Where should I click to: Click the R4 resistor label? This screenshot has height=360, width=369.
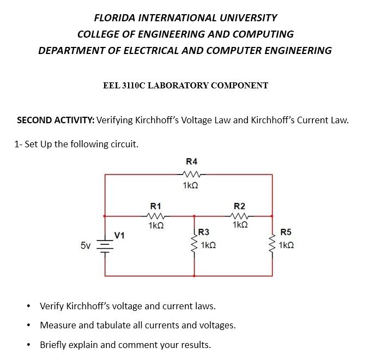pyautogui.click(x=192, y=161)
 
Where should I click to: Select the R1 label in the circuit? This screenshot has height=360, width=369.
pyautogui.click(x=155, y=206)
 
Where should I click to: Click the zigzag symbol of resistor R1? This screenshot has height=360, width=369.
pyautogui.click(x=155, y=215)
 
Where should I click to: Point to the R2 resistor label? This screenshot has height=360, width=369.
pyautogui.click(x=239, y=206)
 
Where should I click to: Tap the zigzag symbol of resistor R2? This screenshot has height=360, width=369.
pyautogui.click(x=239, y=215)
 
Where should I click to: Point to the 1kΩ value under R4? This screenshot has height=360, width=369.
pyautogui.click(x=190, y=185)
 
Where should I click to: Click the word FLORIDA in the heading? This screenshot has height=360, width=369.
pyautogui.click(x=117, y=17)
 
